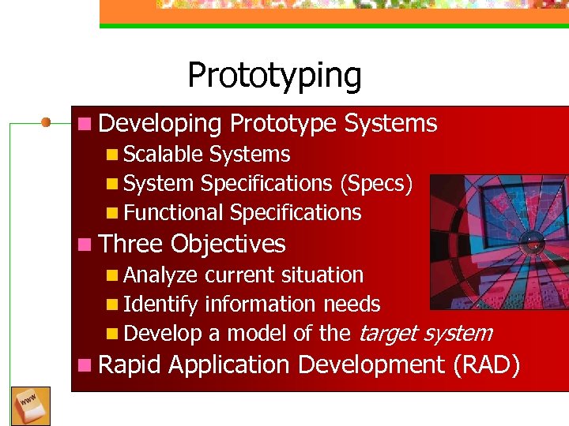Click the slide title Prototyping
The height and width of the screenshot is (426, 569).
274,77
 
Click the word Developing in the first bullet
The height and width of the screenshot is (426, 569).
160,124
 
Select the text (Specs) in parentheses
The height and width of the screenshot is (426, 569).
375,184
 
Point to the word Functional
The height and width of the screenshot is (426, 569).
174,213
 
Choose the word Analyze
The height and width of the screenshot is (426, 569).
161,275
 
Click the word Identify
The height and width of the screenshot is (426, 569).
161,305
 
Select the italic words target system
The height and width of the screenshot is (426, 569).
425,334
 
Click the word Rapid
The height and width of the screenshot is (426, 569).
130,365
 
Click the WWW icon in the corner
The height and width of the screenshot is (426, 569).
31,405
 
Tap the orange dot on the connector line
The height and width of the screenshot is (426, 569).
47,122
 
